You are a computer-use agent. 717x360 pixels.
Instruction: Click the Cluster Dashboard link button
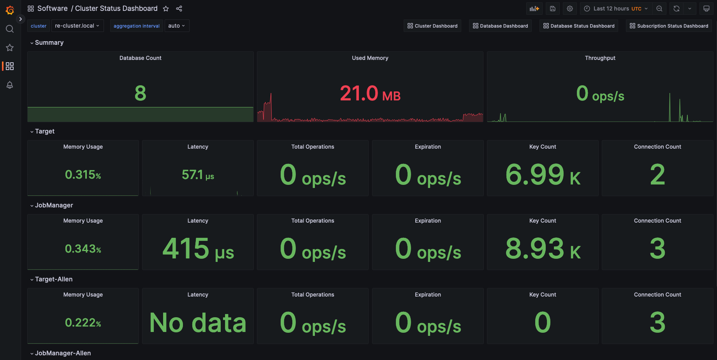point(432,26)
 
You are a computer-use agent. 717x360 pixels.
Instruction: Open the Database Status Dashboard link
point(578,26)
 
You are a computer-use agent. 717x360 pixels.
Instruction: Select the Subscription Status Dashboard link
point(669,26)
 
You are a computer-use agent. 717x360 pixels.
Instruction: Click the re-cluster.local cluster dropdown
point(77,26)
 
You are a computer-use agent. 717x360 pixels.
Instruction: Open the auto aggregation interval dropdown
point(177,26)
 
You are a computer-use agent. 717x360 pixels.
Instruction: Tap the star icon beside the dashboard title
point(166,9)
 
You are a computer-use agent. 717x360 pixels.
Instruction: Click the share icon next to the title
point(179,9)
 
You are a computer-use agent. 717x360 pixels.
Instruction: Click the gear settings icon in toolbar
point(570,9)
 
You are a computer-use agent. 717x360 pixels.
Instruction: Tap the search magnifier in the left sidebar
point(10,29)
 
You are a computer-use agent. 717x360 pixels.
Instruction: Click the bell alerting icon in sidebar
point(10,85)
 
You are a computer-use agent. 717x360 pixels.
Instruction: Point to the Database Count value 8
point(141,93)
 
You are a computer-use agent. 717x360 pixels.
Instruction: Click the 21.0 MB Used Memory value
point(370,94)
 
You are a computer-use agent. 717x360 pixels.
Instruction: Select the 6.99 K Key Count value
point(543,175)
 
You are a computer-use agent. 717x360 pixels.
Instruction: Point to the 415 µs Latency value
point(198,249)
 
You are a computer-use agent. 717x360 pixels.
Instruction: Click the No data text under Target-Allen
point(198,323)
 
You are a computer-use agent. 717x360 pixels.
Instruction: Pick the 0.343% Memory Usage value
point(83,249)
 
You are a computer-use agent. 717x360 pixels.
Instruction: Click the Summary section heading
point(49,42)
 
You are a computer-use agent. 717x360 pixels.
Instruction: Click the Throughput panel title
point(600,58)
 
